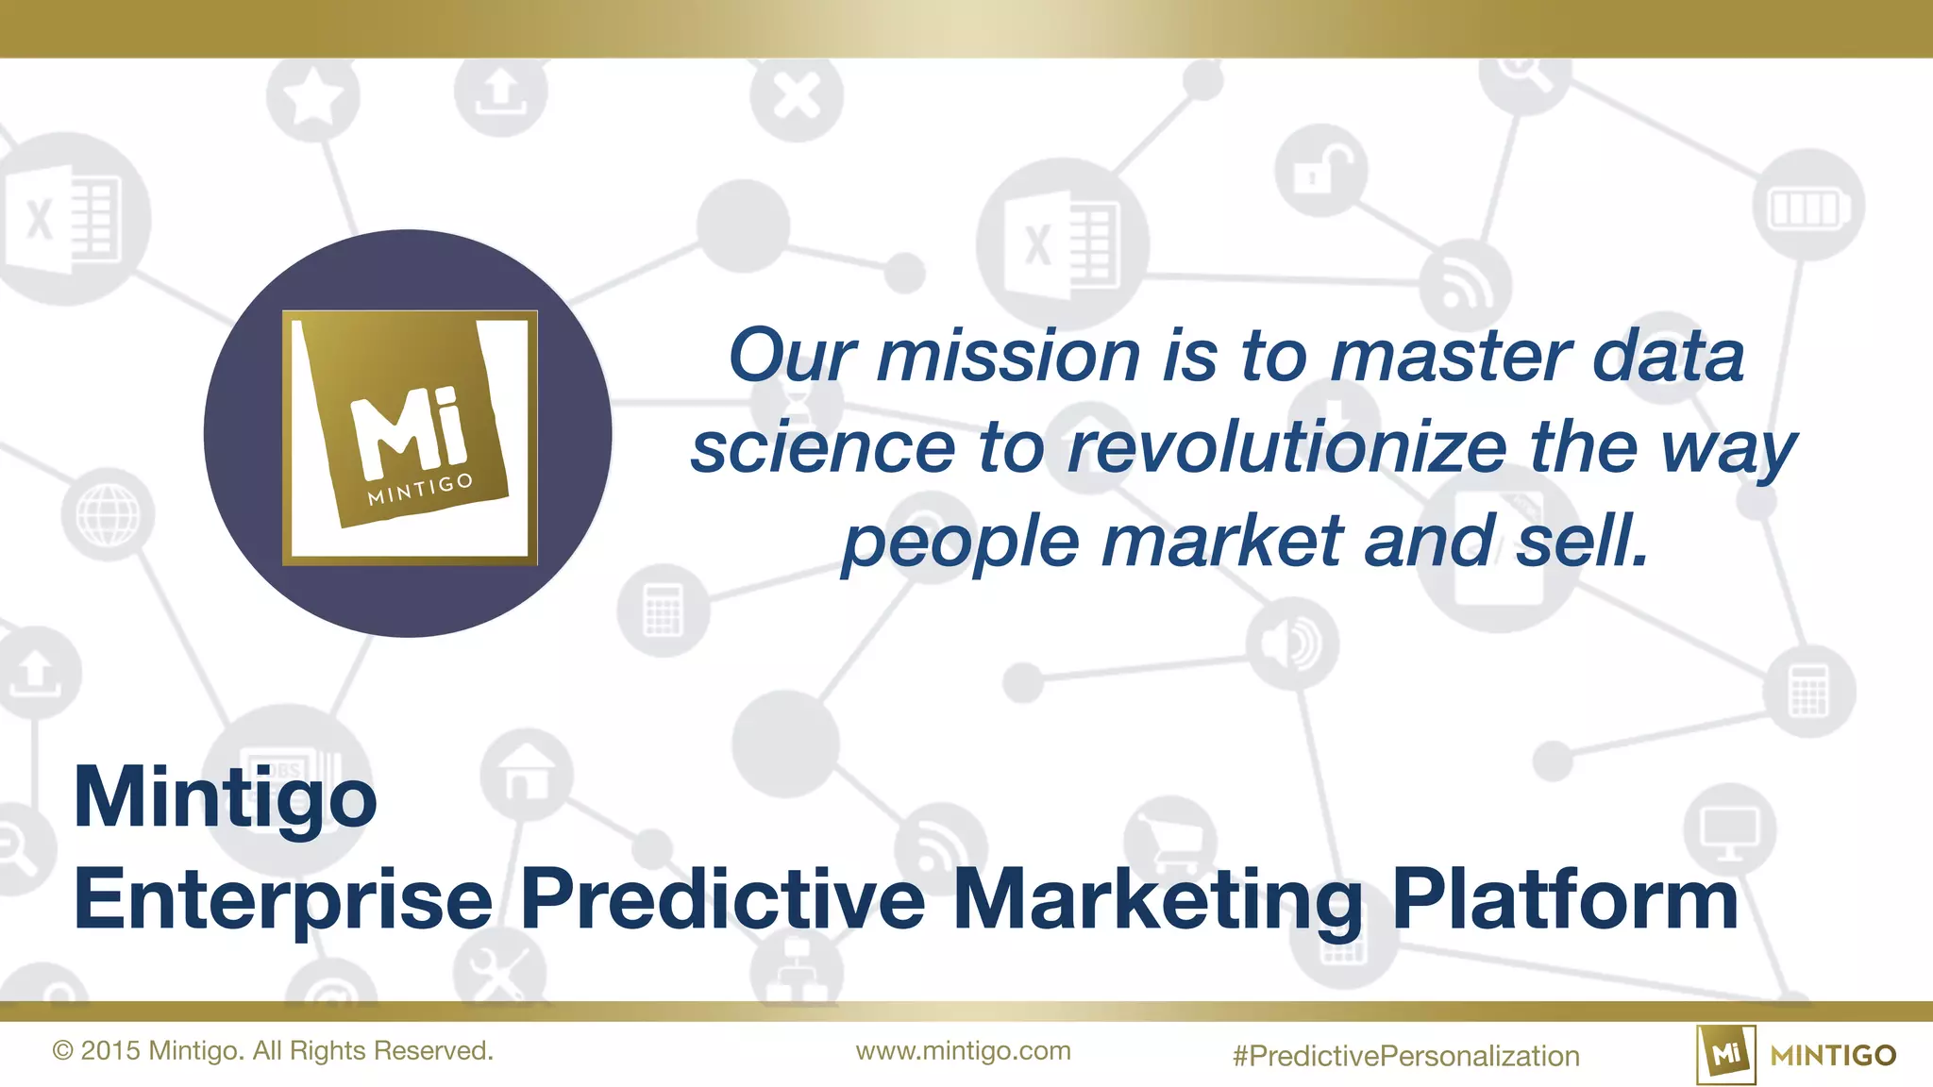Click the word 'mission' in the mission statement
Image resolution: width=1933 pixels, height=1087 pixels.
click(x=1008, y=357)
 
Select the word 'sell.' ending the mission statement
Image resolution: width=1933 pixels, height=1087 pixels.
click(x=1583, y=542)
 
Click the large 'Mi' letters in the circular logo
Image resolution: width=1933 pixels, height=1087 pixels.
click(x=409, y=433)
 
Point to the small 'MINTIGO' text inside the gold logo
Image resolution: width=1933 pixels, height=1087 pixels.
click(x=420, y=489)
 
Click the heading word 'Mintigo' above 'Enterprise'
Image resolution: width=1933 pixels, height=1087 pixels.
click(x=226, y=798)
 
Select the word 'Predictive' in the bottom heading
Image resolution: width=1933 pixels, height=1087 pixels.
click(x=722, y=899)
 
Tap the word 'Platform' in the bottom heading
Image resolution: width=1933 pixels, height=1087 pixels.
click(x=1564, y=899)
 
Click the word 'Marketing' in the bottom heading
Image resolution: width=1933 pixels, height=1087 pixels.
click(x=1158, y=899)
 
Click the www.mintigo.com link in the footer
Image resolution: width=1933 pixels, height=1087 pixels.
click(x=963, y=1051)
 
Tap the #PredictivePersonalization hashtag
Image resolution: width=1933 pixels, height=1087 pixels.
click(x=1405, y=1056)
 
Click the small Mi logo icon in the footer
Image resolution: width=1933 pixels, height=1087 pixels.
click(x=1725, y=1054)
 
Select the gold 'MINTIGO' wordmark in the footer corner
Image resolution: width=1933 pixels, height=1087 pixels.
click(x=1833, y=1055)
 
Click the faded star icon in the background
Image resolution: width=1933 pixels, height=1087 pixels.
click(x=313, y=95)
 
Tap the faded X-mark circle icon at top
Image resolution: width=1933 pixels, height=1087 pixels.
click(x=797, y=95)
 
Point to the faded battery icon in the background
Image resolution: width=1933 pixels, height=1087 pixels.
click(x=1807, y=209)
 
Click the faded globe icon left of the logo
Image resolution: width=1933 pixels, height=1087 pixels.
click(x=108, y=514)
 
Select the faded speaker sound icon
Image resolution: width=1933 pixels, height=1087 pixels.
click(x=1291, y=644)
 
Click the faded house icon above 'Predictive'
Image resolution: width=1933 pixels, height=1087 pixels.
click(x=526, y=773)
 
